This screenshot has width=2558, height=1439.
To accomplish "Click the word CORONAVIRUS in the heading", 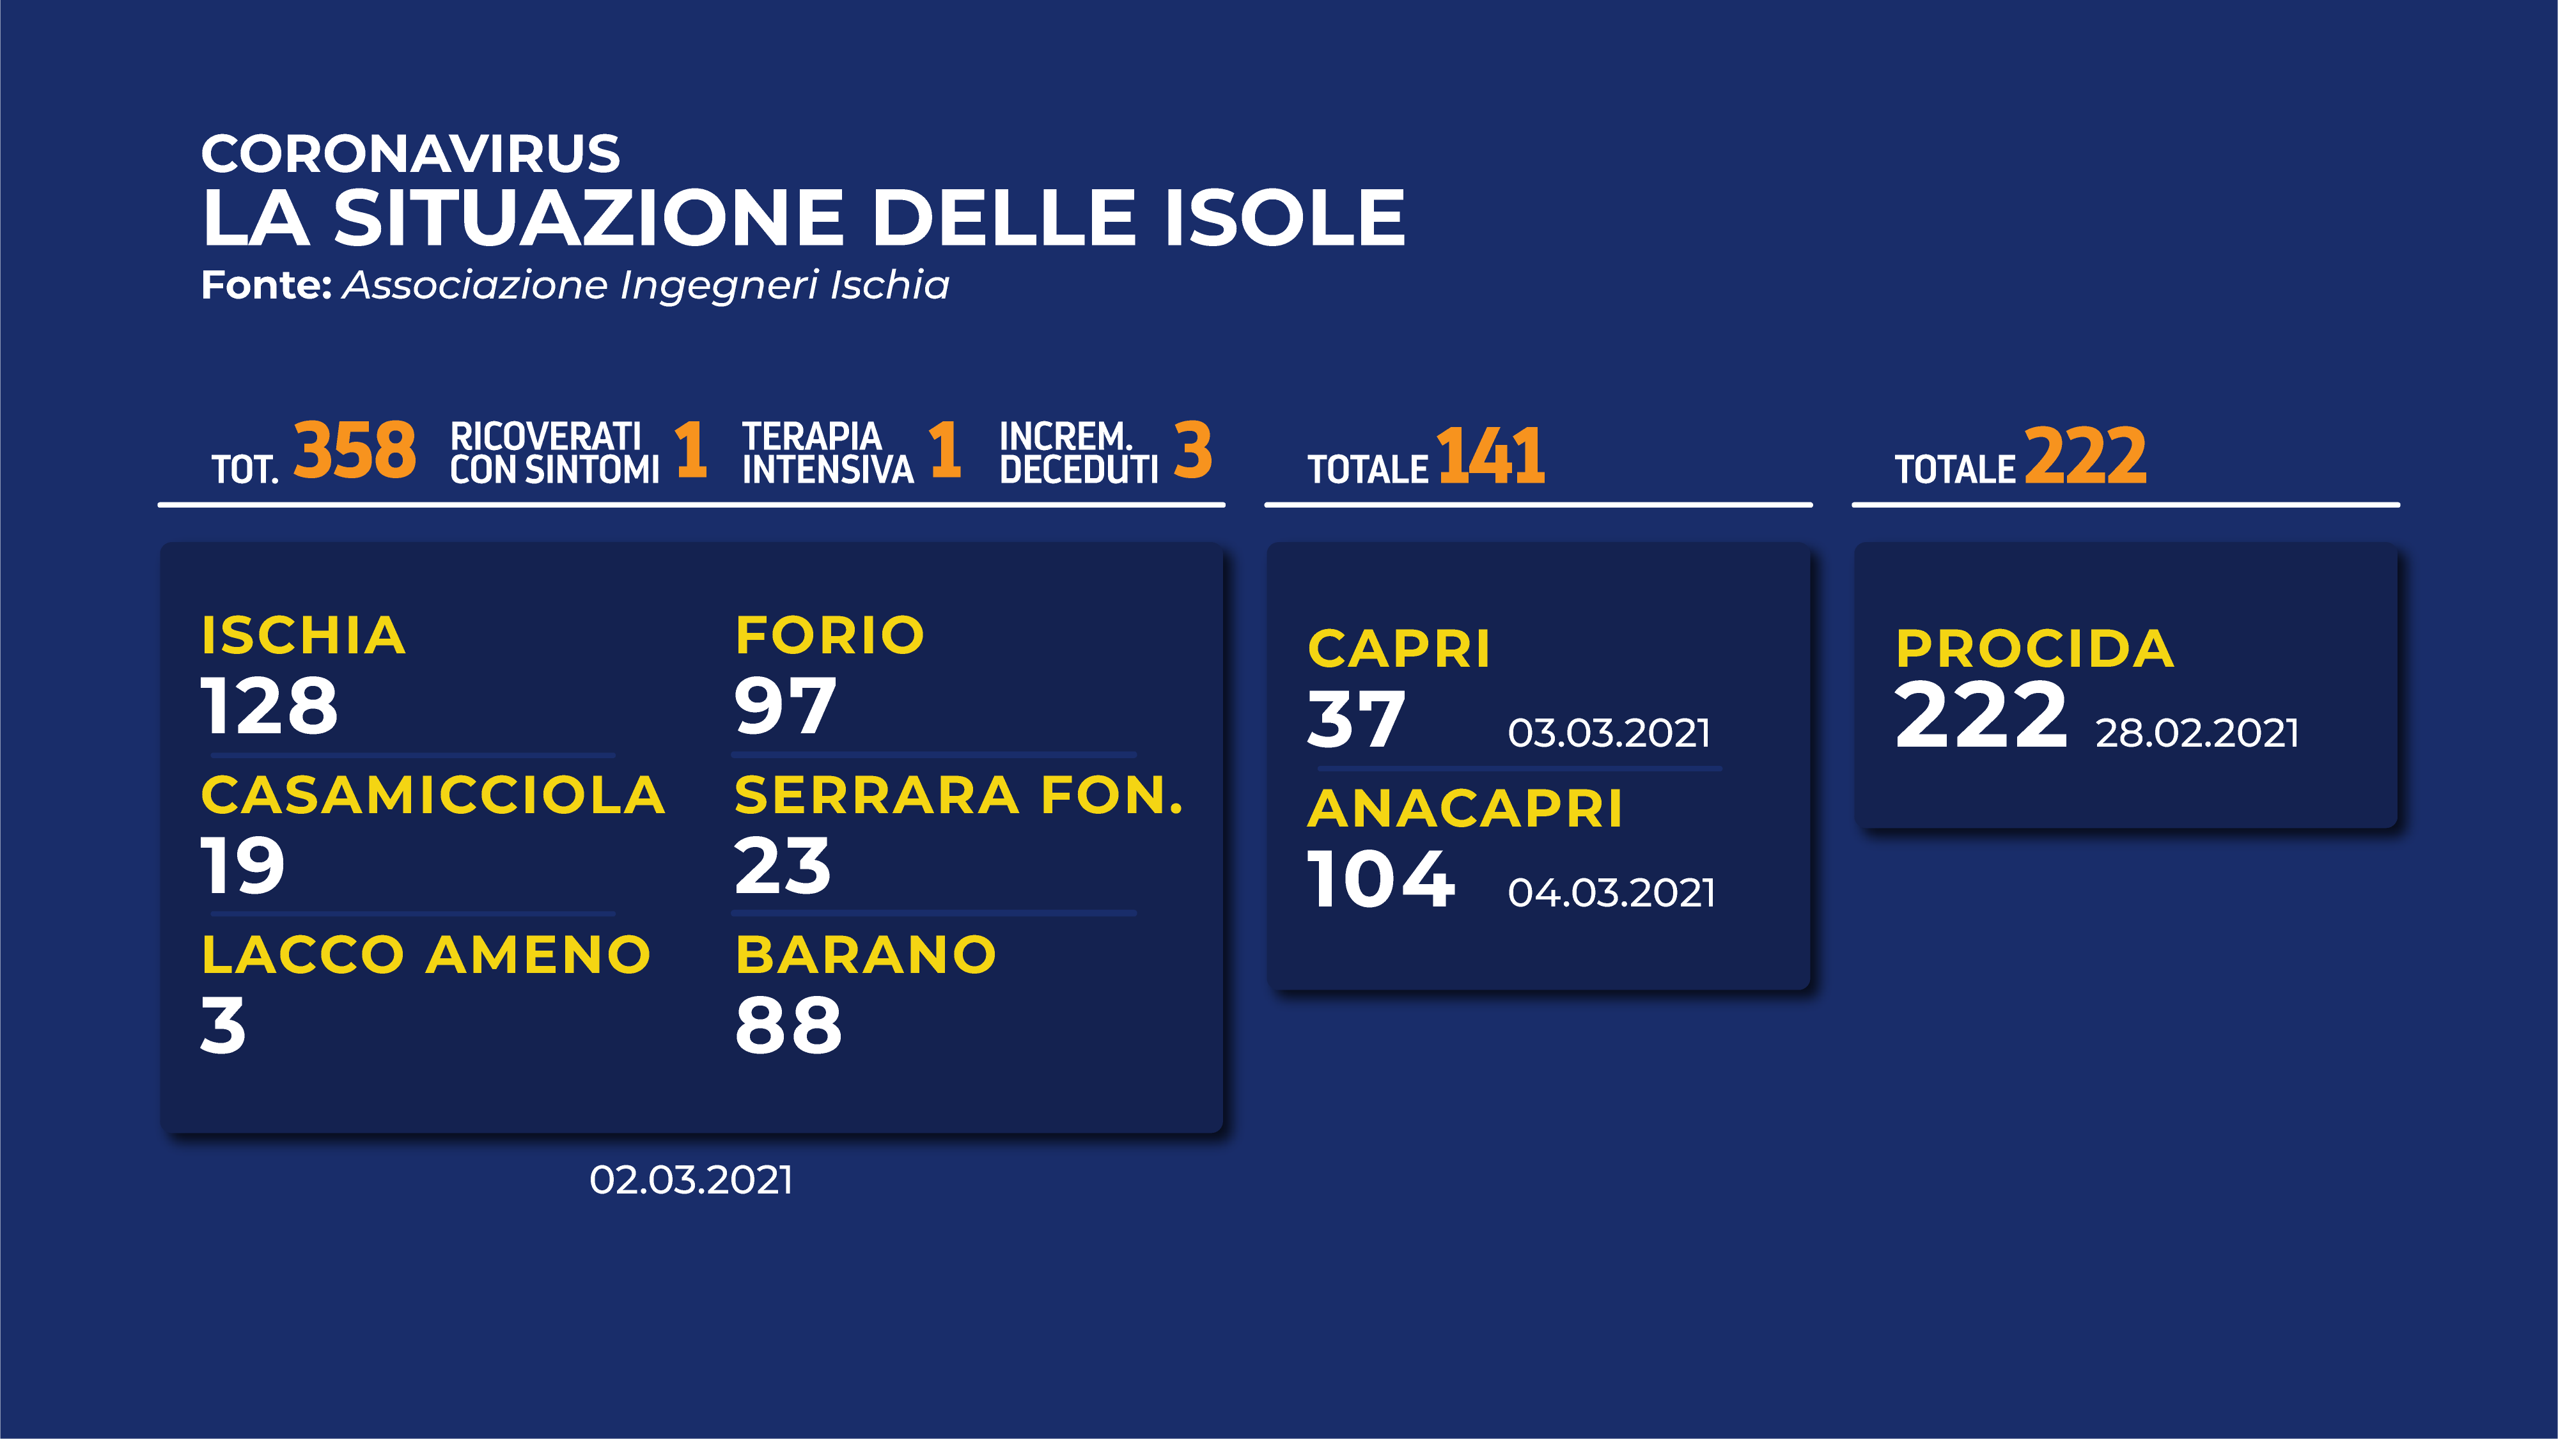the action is (410, 154).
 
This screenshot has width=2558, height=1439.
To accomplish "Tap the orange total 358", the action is (354, 451).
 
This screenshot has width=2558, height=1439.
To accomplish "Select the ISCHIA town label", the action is (303, 635).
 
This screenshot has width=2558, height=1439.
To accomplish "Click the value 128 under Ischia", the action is (269, 706).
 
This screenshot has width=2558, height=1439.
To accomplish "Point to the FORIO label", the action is (829, 635).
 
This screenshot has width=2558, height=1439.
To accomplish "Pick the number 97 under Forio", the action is (784, 706).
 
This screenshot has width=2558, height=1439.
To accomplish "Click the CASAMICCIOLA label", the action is (433, 795).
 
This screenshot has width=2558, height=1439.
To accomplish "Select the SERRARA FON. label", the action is (959, 795).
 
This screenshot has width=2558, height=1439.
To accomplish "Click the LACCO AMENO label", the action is (426, 955).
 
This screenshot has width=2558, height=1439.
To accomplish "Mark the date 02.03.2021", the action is (691, 1180).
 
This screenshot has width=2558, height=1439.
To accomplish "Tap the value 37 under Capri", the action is (1357, 719).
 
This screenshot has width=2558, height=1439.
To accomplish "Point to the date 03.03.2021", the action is (1609, 733).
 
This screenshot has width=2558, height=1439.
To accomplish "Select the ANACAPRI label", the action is (1465, 809).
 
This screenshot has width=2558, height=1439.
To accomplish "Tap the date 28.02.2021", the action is (2197, 733).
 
